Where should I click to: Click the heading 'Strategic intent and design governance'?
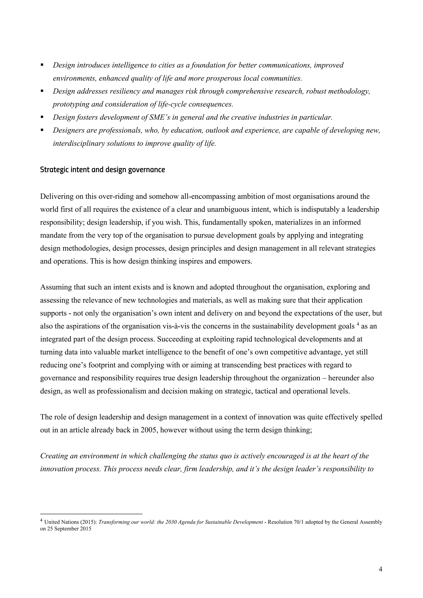click(102, 170)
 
